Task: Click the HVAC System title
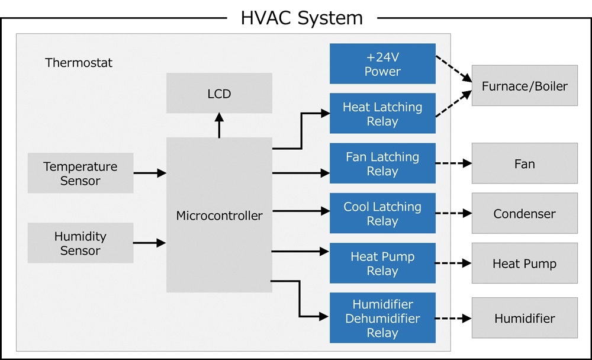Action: [301, 18]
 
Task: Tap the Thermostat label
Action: [79, 62]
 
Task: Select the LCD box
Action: [219, 94]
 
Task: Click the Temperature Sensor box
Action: [81, 173]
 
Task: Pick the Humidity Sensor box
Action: [81, 243]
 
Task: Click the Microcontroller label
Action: [219, 216]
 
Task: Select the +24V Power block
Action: [382, 64]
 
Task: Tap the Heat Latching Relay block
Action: [382, 114]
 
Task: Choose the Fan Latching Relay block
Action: [382, 164]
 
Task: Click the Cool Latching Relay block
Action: [382, 214]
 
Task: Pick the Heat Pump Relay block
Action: [382, 263]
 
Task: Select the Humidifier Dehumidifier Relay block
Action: [382, 318]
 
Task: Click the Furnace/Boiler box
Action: [525, 86]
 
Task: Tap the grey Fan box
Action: [525, 164]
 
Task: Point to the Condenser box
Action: [525, 214]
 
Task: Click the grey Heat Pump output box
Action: [525, 263]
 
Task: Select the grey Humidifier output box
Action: [525, 318]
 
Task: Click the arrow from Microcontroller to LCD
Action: [219, 126]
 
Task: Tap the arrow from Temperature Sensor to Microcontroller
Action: [150, 173]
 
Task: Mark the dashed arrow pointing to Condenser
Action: [453, 214]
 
